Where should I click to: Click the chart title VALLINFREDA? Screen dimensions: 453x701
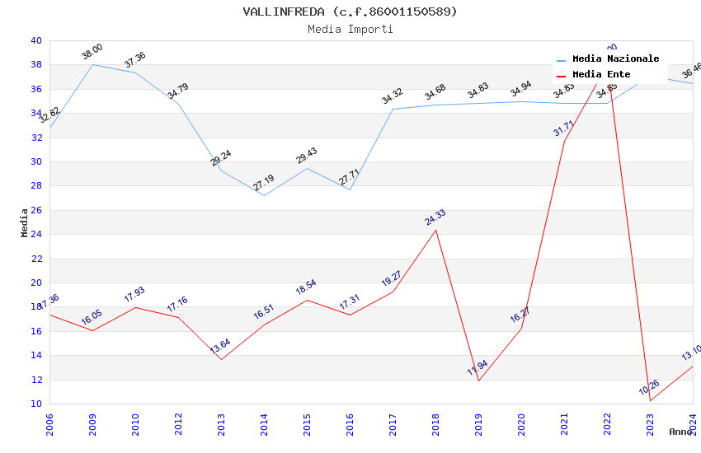pyautogui.click(x=350, y=12)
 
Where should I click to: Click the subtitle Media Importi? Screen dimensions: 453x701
pyautogui.click(x=350, y=29)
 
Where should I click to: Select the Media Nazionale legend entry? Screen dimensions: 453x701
pyautogui.click(x=615, y=59)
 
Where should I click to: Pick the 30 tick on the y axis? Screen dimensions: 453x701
pyautogui.click(x=36, y=161)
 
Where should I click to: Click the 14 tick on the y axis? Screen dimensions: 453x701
pyautogui.click(x=36, y=356)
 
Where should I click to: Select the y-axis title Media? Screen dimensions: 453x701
pyautogui.click(x=25, y=222)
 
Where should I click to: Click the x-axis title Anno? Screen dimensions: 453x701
pyautogui.click(x=680, y=432)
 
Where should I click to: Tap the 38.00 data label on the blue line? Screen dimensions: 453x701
pyautogui.click(x=92, y=52)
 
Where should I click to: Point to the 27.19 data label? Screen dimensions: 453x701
pyautogui.click(x=264, y=183)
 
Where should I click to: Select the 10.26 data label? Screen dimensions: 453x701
pyautogui.click(x=649, y=387)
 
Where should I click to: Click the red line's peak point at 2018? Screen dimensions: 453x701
pyautogui.click(x=435, y=230)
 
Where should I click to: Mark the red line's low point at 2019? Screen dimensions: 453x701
pyautogui.click(x=478, y=381)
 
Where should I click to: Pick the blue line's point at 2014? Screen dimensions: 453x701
pyautogui.click(x=264, y=195)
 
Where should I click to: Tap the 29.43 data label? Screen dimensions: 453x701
pyautogui.click(x=307, y=156)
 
